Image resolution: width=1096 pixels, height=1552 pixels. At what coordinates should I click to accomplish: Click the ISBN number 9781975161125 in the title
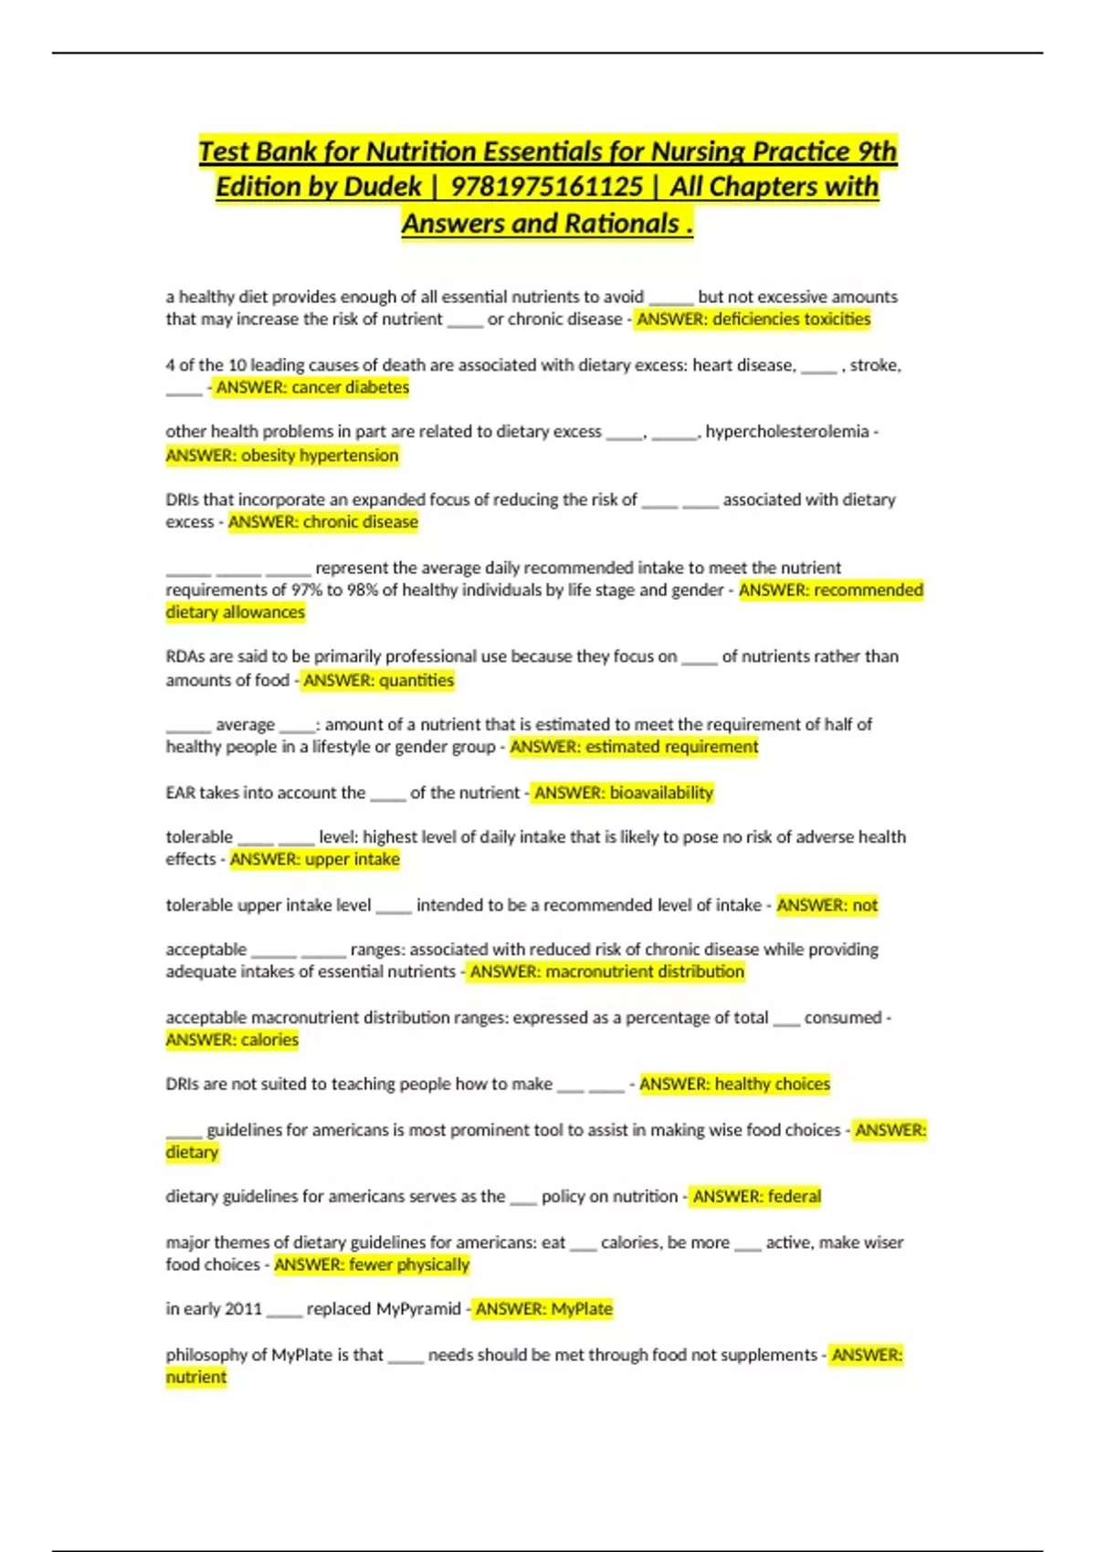point(547,187)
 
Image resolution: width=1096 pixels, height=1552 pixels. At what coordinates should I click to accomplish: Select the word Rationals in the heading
point(621,224)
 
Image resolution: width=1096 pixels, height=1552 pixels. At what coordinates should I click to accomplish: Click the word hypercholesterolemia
point(786,431)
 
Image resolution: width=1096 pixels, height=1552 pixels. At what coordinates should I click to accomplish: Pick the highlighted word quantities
point(416,680)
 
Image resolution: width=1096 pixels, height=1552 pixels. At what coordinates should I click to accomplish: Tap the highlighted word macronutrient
point(597,971)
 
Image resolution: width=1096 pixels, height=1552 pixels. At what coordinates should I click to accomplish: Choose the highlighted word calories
point(269,1040)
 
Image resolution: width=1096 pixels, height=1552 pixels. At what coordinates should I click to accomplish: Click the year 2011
point(243,1309)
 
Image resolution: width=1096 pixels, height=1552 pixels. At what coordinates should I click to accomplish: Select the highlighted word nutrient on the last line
point(195,1377)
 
